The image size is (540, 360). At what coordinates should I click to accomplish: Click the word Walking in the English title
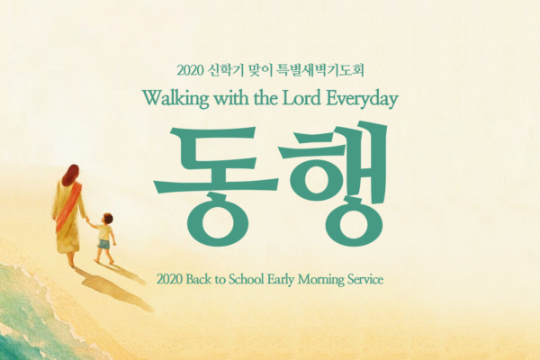coord(175,98)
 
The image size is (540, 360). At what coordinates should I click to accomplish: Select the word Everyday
coord(362,99)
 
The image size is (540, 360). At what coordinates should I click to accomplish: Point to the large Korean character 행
coord(333,184)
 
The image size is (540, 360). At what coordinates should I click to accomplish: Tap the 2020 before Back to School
coord(169,279)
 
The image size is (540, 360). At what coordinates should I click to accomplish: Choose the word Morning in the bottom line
coord(320,279)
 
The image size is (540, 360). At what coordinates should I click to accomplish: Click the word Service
coord(365,279)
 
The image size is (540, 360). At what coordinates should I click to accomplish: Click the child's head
coord(107,219)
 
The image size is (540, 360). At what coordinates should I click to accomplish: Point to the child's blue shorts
coord(103,244)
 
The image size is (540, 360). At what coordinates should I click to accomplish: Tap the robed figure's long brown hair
coord(70,175)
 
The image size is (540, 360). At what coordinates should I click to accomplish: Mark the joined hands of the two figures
coord(87,219)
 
